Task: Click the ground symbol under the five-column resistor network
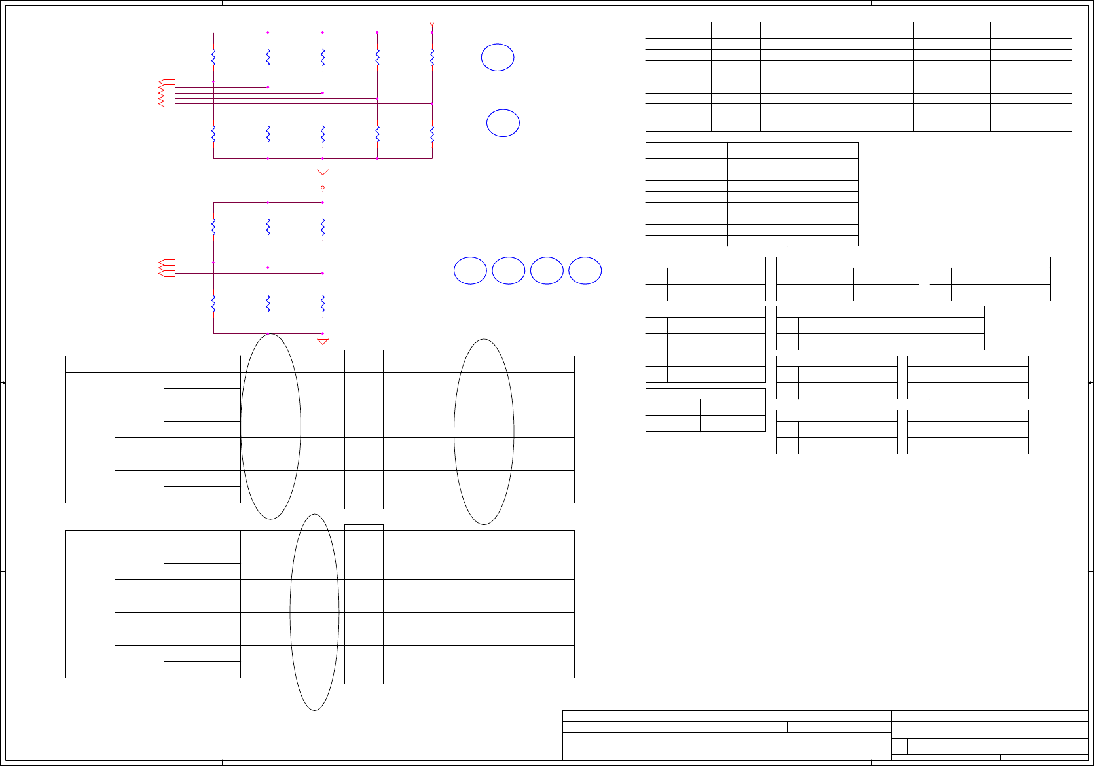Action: click(323, 172)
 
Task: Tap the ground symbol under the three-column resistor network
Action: click(323, 341)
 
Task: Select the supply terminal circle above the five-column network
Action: click(432, 24)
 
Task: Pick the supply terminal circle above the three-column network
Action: click(323, 188)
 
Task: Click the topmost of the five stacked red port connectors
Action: click(168, 82)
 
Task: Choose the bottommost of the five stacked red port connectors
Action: click(168, 105)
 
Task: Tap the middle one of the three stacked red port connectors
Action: click(168, 268)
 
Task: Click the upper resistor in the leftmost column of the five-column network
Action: click(213, 57)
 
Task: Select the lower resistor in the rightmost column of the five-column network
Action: click(432, 134)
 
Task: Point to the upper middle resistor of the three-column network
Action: click(268, 227)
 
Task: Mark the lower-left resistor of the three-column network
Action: click(213, 303)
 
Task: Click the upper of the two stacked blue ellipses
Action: click(498, 58)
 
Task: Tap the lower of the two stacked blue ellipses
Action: click(503, 123)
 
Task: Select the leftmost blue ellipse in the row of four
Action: click(470, 271)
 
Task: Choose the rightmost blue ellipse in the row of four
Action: click(585, 271)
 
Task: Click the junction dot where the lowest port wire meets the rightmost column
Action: click(432, 103)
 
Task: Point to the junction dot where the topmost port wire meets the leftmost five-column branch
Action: click(213, 82)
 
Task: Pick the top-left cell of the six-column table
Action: click(678, 30)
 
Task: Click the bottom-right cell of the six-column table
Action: click(1030, 123)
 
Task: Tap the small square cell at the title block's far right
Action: click(1080, 746)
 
